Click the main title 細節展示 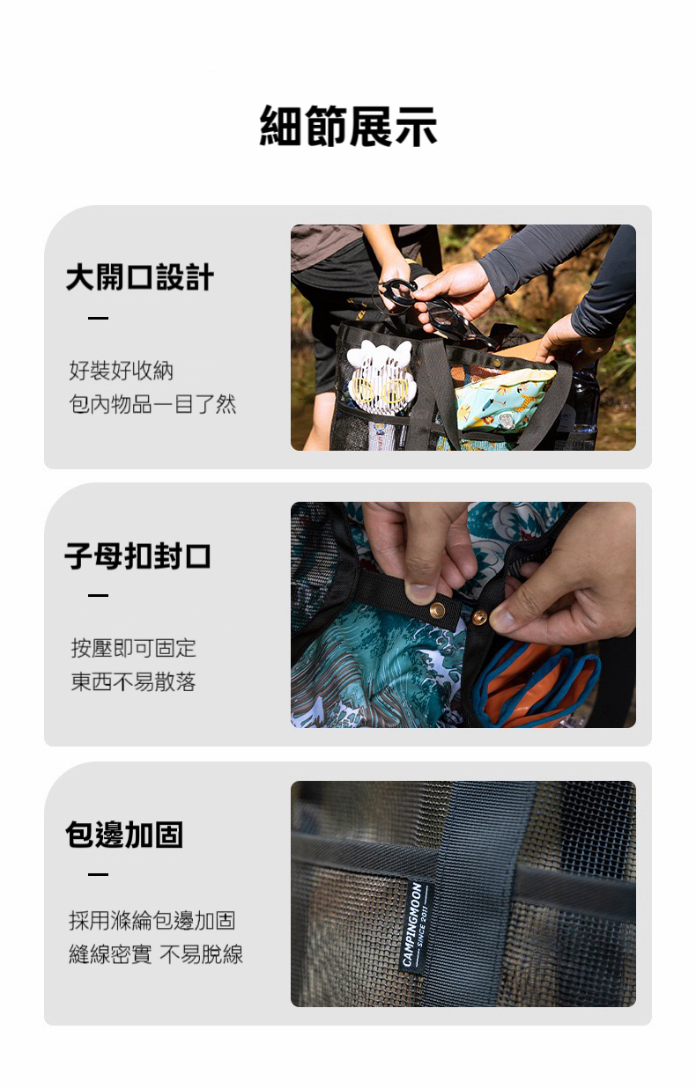tap(348, 126)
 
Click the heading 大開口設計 tap(139, 277)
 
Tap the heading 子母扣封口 tap(137, 556)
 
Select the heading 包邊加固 tap(124, 835)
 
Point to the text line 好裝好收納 tap(121, 371)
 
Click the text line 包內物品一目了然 tap(152, 404)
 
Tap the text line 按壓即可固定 tap(133, 648)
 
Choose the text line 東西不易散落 tap(133, 681)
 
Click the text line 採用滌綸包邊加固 tap(152, 921)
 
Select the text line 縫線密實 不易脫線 tap(156, 954)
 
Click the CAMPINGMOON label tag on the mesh tap(416, 925)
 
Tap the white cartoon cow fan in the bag tap(380, 378)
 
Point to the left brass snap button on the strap tap(437, 609)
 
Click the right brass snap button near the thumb tap(479, 616)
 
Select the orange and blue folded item tap(537, 685)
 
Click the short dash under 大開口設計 tap(99, 319)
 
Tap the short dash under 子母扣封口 tap(99, 595)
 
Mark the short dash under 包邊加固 tap(99, 874)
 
